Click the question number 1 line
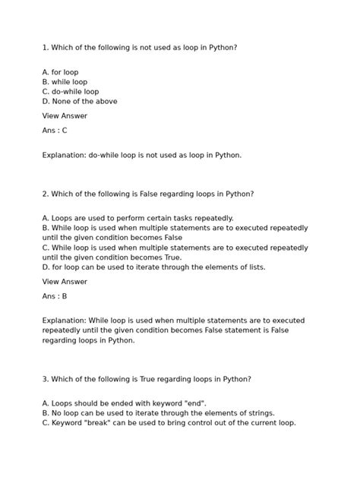140,47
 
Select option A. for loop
61,72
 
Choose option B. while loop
65,82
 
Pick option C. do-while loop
71,91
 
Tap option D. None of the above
80,101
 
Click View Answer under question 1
65,116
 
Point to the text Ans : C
55,131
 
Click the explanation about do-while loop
142,155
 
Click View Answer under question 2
65,282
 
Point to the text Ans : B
55,296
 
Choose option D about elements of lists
154,267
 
